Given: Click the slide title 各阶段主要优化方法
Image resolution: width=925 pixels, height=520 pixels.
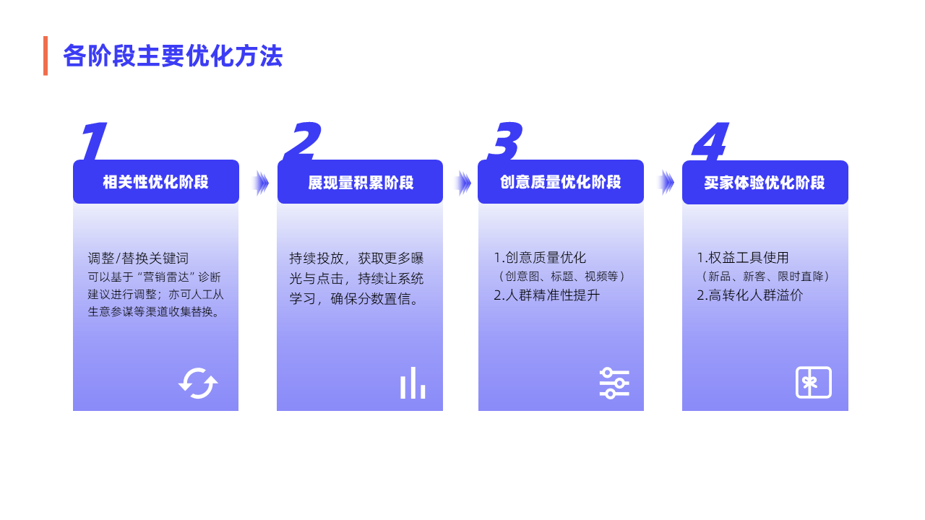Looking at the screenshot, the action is point(173,56).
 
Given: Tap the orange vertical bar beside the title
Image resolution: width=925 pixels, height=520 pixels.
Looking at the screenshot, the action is point(46,56).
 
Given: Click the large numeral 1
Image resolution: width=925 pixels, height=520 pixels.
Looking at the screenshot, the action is point(94,141).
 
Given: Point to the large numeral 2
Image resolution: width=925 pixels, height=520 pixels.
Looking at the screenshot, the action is point(302,141).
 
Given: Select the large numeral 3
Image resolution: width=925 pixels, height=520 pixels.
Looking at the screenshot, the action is point(505,141).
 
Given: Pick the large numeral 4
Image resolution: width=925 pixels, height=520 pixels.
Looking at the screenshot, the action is point(710,141).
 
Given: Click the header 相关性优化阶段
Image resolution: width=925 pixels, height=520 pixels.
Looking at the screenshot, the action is point(155,182).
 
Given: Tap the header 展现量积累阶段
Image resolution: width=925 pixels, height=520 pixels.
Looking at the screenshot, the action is point(361,183).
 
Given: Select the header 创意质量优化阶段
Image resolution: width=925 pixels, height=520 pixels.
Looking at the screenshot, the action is point(560,182).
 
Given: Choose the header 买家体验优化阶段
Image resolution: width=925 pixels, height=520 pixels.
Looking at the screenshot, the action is point(765,183).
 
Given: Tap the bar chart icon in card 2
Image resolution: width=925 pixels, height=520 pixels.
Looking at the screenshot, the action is point(413,383).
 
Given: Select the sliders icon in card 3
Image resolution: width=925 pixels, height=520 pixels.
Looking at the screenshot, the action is point(614,383).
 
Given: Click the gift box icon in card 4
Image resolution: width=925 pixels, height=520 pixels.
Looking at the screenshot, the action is point(814,382).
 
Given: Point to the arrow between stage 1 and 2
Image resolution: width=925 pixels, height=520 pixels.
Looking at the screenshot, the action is point(260,183).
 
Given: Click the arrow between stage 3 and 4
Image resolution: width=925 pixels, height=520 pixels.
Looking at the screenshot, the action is point(666,183).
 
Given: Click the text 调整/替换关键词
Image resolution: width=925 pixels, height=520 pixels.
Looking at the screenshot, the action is point(138,259).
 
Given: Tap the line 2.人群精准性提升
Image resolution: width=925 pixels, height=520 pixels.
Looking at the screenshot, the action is point(546,295).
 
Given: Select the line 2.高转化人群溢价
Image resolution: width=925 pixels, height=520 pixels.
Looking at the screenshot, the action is point(749,295).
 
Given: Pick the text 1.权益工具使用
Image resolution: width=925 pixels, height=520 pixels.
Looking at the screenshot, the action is point(742,258).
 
